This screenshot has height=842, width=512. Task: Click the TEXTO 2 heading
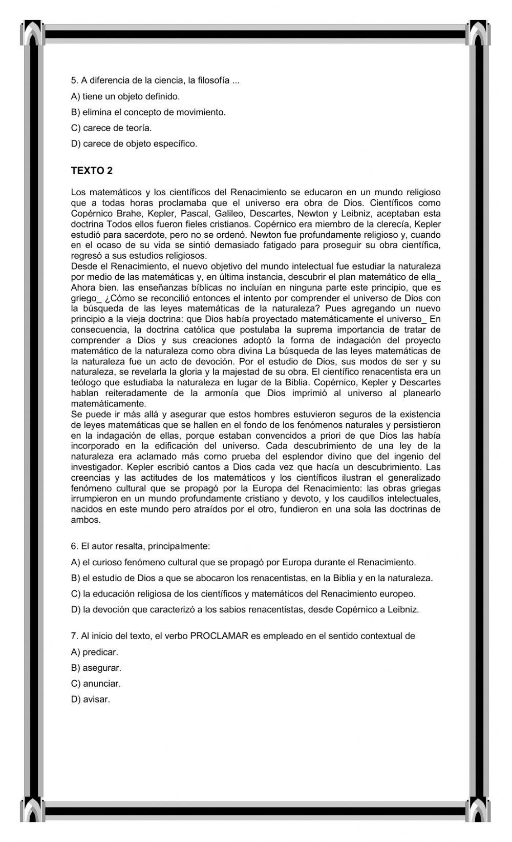click(92, 171)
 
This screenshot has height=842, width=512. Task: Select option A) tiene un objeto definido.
click(125, 96)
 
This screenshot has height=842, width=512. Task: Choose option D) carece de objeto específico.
click(134, 143)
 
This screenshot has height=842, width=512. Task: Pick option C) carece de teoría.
click(111, 128)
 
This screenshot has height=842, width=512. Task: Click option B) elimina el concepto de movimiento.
click(148, 112)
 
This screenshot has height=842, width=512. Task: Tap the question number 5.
click(74, 80)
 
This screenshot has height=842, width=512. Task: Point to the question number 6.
click(74, 546)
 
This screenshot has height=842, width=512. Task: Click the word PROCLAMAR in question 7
click(219, 636)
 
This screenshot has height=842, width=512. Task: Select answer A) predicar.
click(94, 652)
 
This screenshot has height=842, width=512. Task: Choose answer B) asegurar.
click(96, 668)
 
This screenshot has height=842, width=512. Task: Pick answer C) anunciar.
click(96, 684)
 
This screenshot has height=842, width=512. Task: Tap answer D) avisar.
click(90, 700)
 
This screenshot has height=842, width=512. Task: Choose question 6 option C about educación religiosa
click(243, 594)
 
